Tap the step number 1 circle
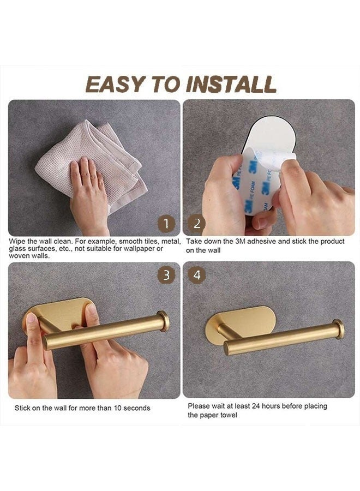pyautogui.click(x=166, y=223)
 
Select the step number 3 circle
pyautogui.click(x=166, y=276)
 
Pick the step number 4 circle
pyautogui.click(x=196, y=276)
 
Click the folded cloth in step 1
pyautogui.click(x=93, y=158)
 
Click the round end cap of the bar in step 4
pyautogui.click(x=339, y=329)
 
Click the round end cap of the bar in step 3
pyautogui.click(x=163, y=321)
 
